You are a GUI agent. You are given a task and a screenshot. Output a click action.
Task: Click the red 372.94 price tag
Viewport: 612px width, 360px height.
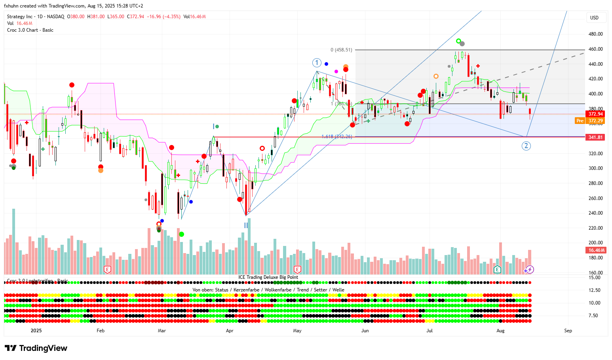(x=595, y=114)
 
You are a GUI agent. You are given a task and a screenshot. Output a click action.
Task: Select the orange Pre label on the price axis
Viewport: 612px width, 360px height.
(x=580, y=121)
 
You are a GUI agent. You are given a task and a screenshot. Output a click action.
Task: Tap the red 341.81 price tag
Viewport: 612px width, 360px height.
(x=595, y=137)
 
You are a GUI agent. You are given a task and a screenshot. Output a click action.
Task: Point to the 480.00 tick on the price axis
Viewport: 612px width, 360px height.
(x=595, y=34)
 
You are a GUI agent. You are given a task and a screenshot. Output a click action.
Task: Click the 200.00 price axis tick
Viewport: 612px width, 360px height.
(x=595, y=243)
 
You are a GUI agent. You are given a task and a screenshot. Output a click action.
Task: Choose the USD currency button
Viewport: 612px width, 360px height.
(x=594, y=17)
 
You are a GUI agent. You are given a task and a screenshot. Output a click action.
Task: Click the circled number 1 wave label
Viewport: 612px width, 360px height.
(x=317, y=63)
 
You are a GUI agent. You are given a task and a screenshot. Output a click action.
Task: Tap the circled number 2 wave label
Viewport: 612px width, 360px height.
(x=526, y=146)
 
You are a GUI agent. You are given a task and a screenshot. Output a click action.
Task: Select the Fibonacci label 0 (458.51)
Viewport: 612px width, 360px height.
(x=341, y=50)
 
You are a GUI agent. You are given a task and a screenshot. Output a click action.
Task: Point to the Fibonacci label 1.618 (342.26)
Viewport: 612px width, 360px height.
(x=336, y=137)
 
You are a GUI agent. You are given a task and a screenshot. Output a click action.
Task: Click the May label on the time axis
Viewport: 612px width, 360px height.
(x=297, y=331)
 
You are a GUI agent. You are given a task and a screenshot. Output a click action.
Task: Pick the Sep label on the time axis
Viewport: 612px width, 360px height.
(x=568, y=331)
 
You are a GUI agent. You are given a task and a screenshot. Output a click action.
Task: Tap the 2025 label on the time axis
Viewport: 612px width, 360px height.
(x=36, y=331)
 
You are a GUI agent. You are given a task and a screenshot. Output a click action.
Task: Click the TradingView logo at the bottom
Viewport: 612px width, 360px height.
(x=36, y=348)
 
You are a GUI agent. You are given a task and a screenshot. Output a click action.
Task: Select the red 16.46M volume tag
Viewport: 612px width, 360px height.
(x=596, y=250)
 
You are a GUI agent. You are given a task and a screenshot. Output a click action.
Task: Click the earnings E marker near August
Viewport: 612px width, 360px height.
(x=498, y=270)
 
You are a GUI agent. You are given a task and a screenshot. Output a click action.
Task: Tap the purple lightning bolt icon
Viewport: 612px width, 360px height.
(x=530, y=270)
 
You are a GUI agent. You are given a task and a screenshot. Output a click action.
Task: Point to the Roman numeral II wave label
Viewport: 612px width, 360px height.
(x=246, y=225)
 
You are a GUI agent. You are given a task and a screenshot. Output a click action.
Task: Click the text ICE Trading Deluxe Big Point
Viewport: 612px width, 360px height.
(x=268, y=277)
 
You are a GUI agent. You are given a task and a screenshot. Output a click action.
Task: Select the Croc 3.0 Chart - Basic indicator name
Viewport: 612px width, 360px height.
(x=30, y=30)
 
